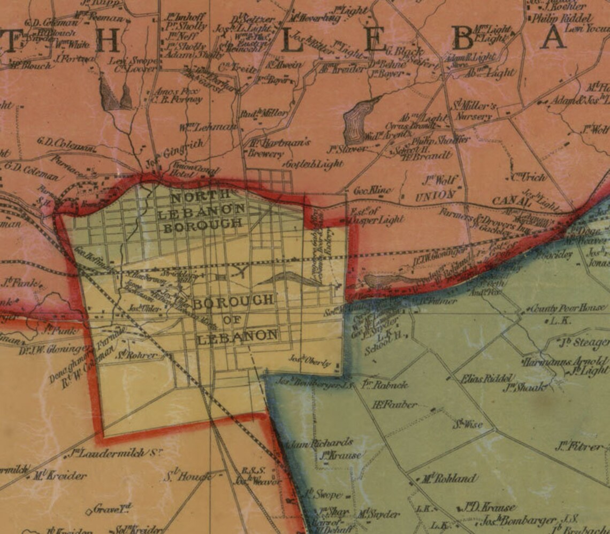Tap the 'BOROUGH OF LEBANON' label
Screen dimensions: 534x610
235,319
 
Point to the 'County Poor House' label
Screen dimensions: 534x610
568,308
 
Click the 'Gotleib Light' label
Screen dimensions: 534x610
315,164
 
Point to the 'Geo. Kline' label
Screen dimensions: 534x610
373,190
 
